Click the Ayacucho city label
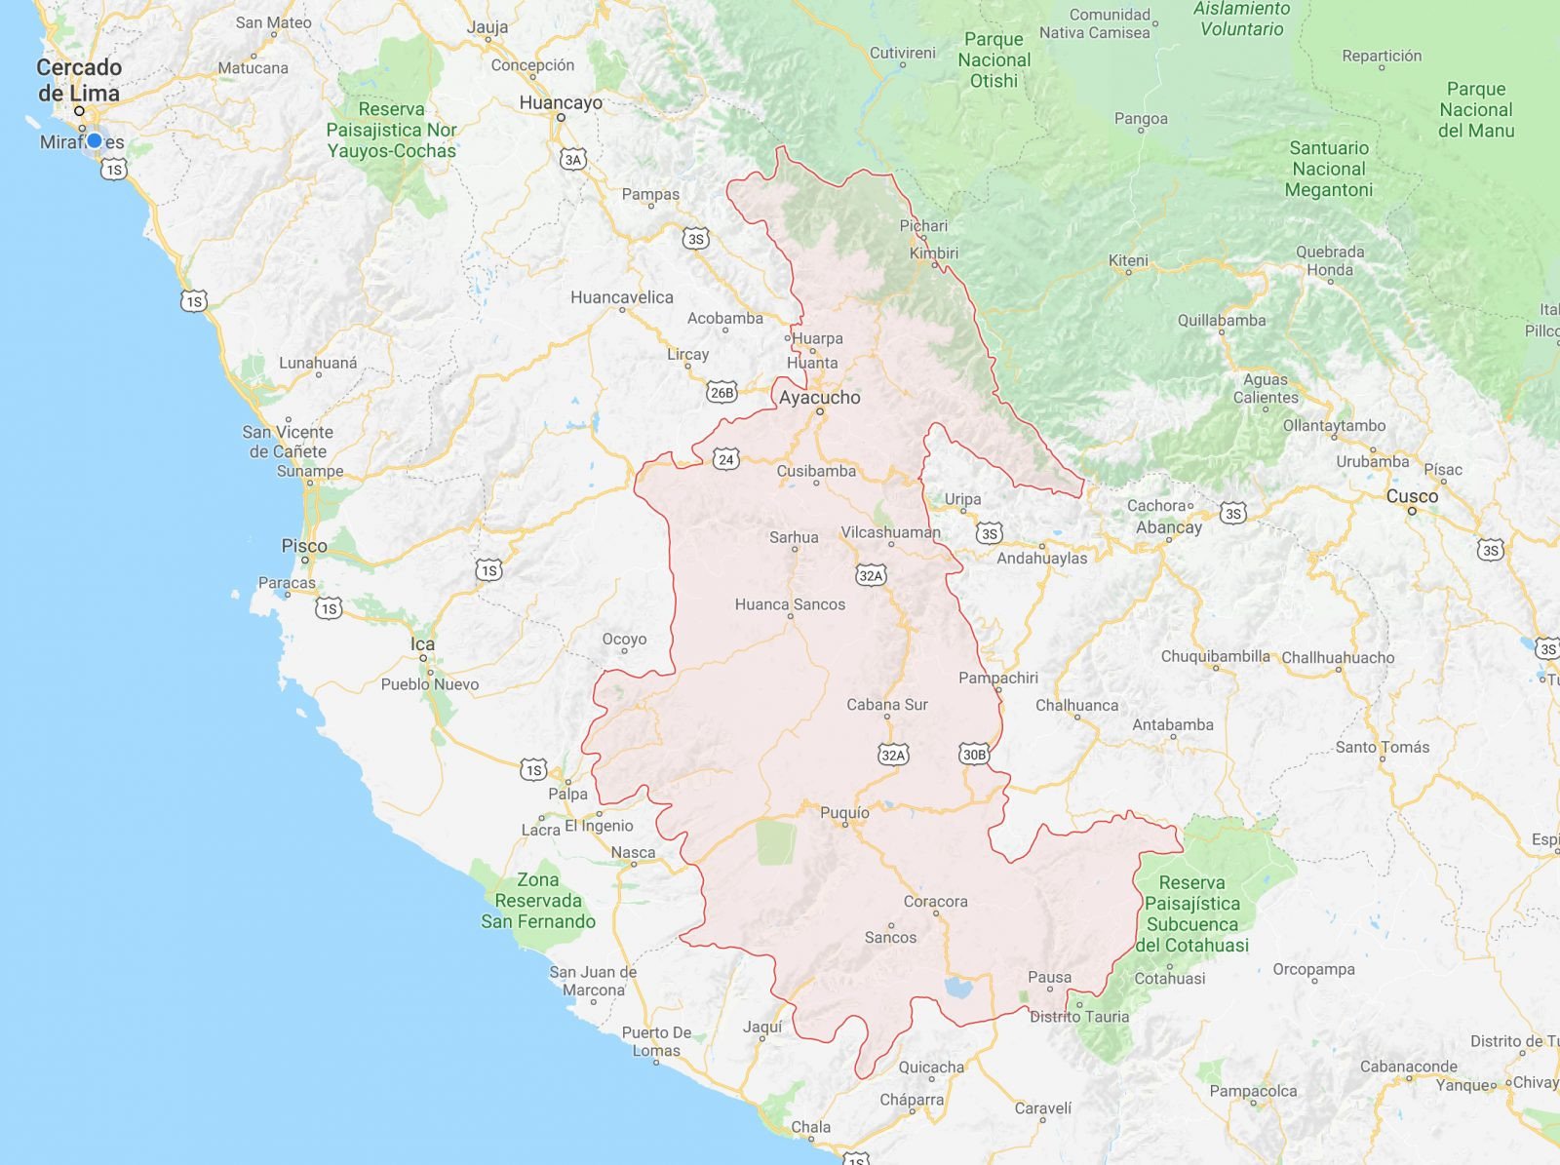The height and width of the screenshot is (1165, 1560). point(819,398)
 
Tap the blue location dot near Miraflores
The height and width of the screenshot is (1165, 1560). point(94,141)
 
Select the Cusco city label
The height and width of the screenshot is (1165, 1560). point(1412,496)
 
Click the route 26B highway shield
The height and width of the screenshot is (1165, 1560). point(721,393)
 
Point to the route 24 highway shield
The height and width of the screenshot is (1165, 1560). point(725,459)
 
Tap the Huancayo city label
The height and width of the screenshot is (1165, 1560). point(560,102)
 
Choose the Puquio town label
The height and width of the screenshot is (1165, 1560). point(844,813)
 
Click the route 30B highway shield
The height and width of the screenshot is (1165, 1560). point(974,754)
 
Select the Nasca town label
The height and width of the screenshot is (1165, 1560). point(633,852)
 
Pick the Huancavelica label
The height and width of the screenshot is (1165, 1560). point(621,297)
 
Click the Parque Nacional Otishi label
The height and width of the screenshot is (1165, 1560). point(994,60)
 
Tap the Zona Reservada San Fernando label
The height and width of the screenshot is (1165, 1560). point(537,901)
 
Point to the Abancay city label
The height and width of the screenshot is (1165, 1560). point(1168,527)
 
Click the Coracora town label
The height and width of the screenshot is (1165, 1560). point(935,901)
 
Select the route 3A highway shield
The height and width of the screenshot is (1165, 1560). point(572,160)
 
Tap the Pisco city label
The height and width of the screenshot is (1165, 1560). point(304,546)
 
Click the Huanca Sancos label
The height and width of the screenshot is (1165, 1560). point(790,604)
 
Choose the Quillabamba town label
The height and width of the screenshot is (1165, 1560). point(1221,320)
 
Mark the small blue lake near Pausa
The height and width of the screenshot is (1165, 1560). point(958,989)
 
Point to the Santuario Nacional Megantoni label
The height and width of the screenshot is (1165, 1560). point(1328,169)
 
